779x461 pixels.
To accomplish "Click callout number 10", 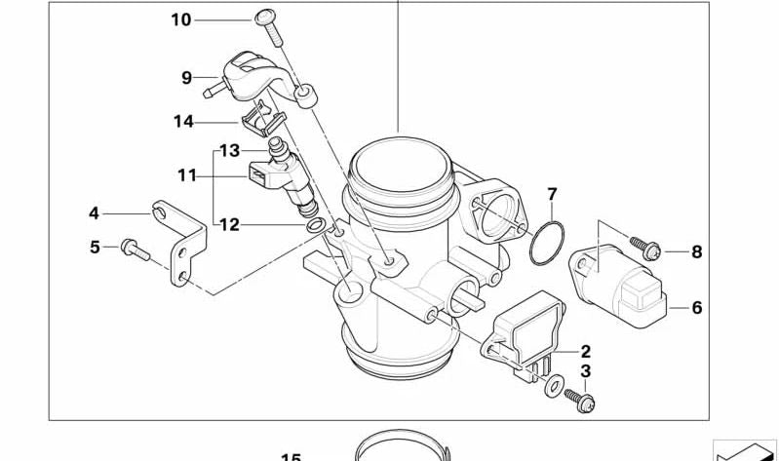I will point(181,19).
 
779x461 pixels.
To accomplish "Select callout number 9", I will point(185,77).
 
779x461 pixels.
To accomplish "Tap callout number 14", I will point(184,123).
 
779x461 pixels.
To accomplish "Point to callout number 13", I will point(229,151).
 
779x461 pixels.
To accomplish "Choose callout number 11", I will point(187,175).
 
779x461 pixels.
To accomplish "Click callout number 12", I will point(229,225).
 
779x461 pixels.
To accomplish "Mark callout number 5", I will point(95,248).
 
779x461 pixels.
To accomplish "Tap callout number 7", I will point(551,193).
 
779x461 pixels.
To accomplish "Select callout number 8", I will point(696,252).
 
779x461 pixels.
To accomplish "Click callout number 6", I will point(696,308).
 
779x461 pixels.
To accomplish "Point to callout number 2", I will point(585,351).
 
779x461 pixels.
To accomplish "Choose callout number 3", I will point(585,371).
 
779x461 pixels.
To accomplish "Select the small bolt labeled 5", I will point(136,251).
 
